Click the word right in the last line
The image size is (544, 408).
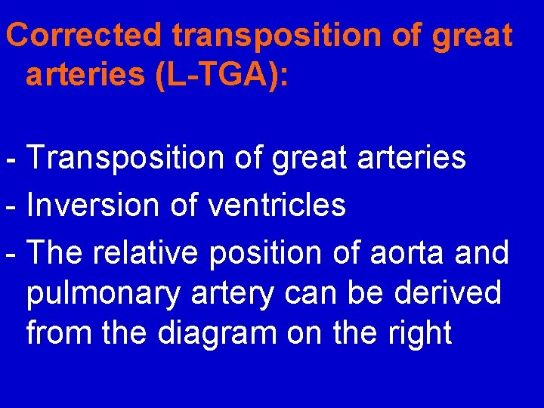pyautogui.click(x=419, y=332)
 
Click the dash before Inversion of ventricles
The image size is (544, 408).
pyautogui.click(x=9, y=206)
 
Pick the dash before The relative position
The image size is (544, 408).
pyautogui.click(x=9, y=253)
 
